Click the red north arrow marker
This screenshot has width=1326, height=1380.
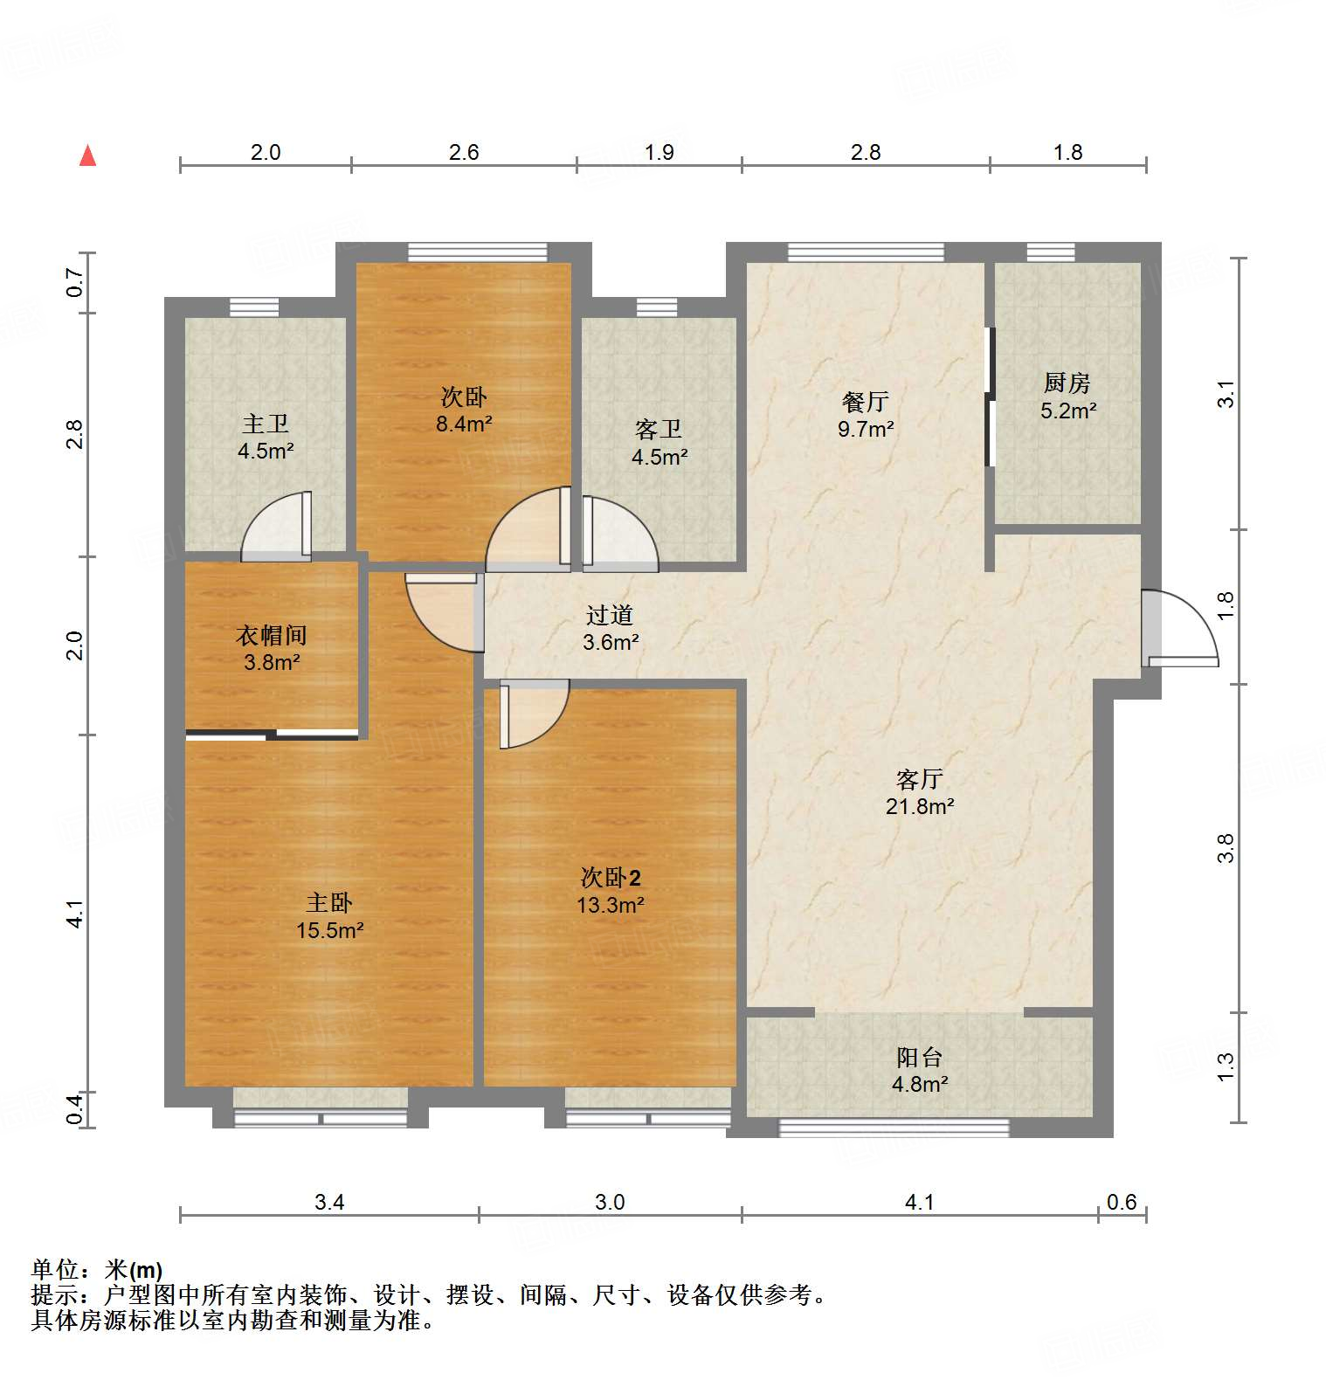(87, 155)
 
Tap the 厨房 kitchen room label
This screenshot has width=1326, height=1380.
(1067, 383)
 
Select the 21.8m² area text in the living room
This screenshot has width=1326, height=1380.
(919, 806)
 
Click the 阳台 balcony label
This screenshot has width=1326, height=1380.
(919, 1057)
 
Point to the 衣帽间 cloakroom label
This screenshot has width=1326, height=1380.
(271, 635)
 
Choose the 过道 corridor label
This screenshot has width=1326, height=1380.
(609, 615)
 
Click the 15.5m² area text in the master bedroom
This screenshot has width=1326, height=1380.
(329, 930)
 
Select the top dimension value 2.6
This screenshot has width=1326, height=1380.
(464, 152)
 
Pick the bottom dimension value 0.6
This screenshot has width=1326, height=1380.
(1121, 1202)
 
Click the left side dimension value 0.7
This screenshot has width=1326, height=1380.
(75, 282)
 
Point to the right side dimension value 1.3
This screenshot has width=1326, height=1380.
(1226, 1066)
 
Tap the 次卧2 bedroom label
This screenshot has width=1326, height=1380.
(611, 878)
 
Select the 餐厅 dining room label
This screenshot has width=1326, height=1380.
(865, 402)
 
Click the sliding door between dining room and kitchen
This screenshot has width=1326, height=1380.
(990, 397)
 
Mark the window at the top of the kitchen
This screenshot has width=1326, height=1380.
(1051, 252)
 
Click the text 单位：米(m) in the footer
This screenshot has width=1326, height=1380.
(97, 1269)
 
